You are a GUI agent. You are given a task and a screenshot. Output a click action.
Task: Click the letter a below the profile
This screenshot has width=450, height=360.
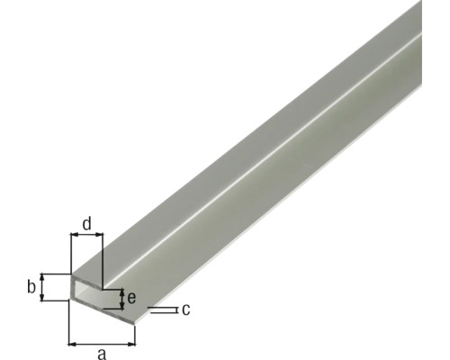click(102, 354)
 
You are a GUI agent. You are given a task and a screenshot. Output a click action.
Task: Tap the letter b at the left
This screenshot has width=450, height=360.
click(31, 288)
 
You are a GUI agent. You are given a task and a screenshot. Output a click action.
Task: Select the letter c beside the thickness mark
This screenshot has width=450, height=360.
click(184, 310)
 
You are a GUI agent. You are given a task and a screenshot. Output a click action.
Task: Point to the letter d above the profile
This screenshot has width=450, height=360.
click(86, 222)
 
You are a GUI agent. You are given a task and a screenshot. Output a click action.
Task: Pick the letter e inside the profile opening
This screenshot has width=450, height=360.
click(131, 298)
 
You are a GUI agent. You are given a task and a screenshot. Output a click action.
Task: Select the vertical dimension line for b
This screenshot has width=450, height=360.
click(42, 288)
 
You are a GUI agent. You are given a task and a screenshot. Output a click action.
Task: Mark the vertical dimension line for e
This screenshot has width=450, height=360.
click(121, 299)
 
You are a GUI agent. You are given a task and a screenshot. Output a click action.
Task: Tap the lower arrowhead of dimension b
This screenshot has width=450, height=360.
click(42, 299)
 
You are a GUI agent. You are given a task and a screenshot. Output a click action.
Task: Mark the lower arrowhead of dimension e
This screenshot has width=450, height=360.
click(121, 306)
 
